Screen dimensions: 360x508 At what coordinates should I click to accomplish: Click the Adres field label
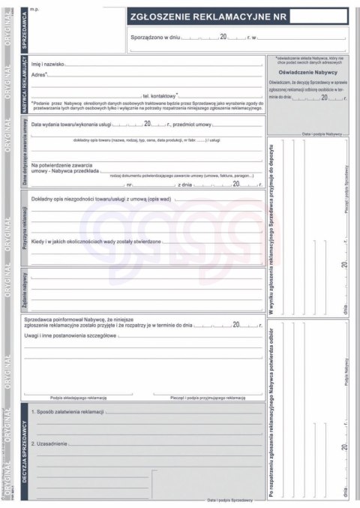(x=39, y=76)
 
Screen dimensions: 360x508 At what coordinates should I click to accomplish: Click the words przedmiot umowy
(x=192, y=124)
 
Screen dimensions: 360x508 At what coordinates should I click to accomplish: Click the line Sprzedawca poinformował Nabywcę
(x=82, y=319)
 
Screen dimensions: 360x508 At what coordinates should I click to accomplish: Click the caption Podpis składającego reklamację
(x=78, y=397)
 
